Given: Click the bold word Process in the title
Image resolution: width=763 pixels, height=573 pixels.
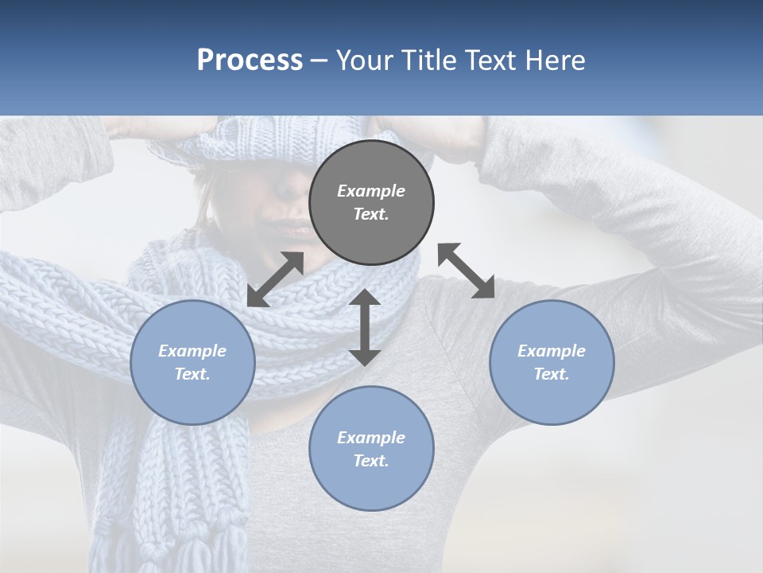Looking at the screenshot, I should coord(250,60).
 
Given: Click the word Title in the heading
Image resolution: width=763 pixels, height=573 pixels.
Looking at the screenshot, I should coord(427,60).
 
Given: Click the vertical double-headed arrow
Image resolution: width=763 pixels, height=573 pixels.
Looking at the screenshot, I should coord(364,327).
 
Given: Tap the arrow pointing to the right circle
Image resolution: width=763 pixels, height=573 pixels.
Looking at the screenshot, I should coord(467,271).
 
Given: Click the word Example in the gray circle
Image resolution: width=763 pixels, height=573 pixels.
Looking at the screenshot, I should coord(371,191).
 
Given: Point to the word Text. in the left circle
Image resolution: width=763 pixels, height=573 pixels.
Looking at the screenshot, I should coord(192,374).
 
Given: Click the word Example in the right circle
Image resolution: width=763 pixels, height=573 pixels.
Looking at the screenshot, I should coord(552,351).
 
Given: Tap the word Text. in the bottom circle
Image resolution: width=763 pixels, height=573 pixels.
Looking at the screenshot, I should coord(371,461).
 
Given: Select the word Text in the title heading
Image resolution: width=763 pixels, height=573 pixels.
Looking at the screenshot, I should coord(489,60).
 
